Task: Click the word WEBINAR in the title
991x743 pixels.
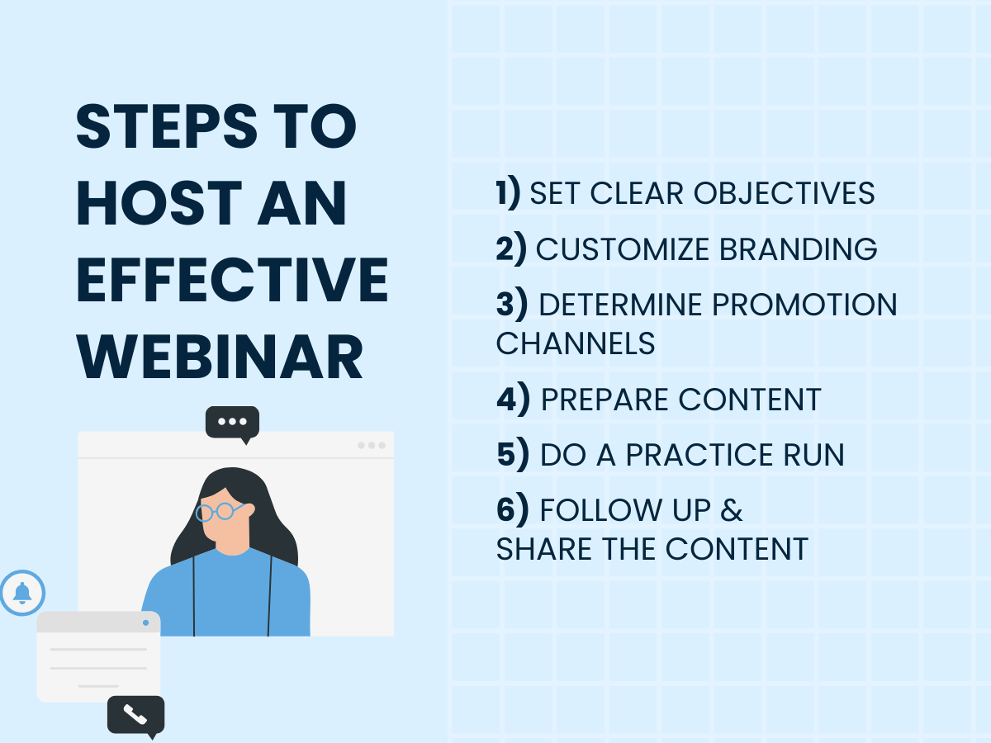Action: tap(220, 357)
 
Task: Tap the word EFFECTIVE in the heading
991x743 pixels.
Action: tap(232, 280)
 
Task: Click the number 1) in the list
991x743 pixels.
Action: tap(508, 192)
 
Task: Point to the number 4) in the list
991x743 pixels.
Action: tap(514, 399)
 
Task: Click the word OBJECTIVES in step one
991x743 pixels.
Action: tap(785, 193)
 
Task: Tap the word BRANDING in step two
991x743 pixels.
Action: tap(799, 249)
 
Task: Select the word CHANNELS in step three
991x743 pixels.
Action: tap(575, 343)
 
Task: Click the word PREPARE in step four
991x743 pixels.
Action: tap(605, 400)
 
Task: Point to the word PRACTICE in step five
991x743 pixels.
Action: tap(699, 454)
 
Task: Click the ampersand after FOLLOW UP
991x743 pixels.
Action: tap(732, 510)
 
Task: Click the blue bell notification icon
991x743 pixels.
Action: tap(22, 593)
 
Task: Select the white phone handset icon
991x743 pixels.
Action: tap(135, 715)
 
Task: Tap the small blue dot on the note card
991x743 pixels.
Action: tap(145, 623)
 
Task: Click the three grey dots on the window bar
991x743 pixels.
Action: tap(371, 445)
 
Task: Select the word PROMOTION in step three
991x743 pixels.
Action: tap(804, 305)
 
